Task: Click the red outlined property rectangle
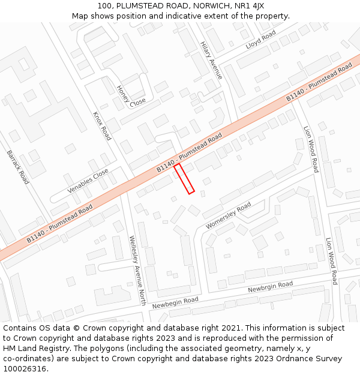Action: [x=184, y=178]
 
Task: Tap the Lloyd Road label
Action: [x=261, y=40]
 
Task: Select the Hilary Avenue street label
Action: [x=211, y=60]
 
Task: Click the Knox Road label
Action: [x=102, y=125]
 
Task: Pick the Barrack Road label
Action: [x=18, y=167]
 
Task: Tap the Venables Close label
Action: [x=88, y=181]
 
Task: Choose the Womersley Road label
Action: [x=228, y=216]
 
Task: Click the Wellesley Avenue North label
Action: [x=137, y=270]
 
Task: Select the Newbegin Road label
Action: [x=175, y=302]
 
